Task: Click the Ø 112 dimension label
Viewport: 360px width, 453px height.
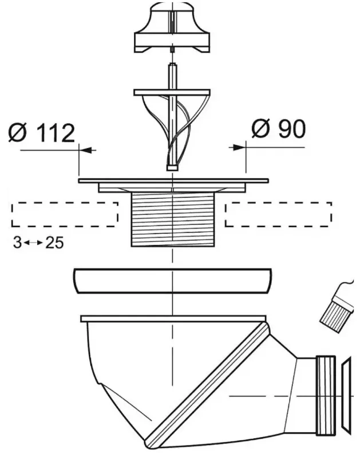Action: [42, 133]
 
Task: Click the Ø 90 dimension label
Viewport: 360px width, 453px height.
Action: [278, 128]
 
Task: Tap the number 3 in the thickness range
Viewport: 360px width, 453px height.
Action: [17, 242]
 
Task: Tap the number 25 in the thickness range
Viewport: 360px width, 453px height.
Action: [54, 242]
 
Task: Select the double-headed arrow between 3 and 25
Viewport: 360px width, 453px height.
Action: [34, 243]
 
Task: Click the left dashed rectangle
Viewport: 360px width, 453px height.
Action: [65, 214]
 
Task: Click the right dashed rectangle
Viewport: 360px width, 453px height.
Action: [278, 214]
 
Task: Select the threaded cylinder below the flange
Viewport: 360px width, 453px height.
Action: [173, 219]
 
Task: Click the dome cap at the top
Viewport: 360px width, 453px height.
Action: [172, 27]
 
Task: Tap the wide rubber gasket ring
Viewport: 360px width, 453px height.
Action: [173, 281]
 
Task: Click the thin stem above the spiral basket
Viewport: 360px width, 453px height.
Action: [172, 76]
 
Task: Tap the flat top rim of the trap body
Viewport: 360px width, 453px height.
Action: [173, 318]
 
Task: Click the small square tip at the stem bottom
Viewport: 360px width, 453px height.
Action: [172, 168]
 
